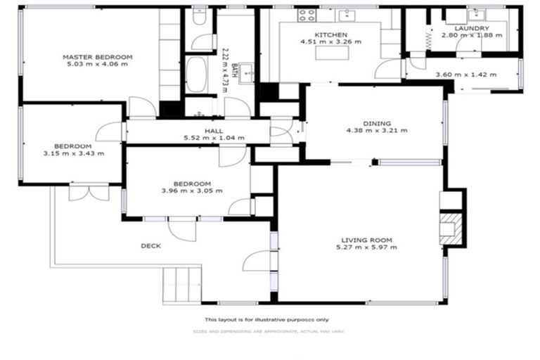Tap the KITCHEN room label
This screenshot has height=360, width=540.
[x=330, y=34]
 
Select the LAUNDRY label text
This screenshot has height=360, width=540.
[x=472, y=29]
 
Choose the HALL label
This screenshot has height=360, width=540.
[x=214, y=131]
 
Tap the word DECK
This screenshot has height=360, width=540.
[x=150, y=245]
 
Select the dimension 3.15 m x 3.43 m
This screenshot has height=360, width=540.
[x=74, y=153]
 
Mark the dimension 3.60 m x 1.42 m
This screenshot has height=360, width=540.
[x=461, y=74]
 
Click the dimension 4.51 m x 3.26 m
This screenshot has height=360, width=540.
[x=330, y=41]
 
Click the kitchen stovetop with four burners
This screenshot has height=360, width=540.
[x=307, y=15]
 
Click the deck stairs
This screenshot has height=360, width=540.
[x=183, y=285]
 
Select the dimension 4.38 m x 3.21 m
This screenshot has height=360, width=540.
[x=377, y=130]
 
